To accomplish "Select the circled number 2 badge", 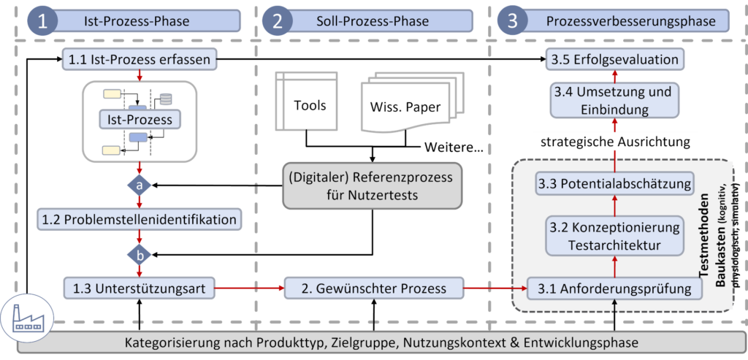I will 278,20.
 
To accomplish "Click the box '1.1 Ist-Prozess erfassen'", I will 139,59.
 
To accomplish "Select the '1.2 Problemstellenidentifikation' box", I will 139,219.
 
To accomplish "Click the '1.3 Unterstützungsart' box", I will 139,288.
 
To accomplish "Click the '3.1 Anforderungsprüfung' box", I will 614,288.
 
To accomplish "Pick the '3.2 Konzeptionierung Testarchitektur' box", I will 614,237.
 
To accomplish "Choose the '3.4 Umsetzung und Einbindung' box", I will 614,102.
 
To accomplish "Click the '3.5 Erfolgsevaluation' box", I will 614,59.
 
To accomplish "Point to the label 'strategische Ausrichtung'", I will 614,140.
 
